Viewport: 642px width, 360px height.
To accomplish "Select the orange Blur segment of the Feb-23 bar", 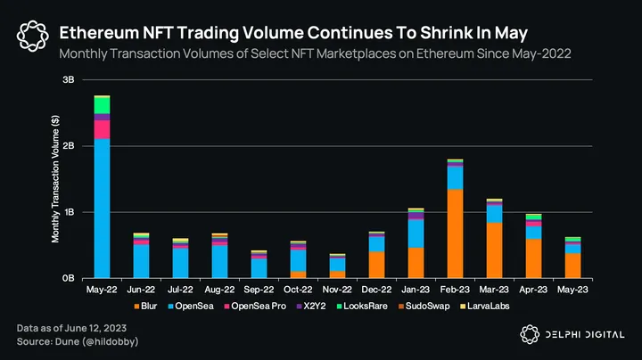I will tap(455, 233).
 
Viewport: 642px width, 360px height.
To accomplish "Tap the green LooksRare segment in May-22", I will tap(102, 105).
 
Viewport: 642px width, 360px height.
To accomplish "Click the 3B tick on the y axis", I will tap(68, 80).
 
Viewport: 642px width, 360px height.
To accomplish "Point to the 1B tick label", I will tap(68, 212).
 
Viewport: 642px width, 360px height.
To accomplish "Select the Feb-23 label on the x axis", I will tap(455, 289).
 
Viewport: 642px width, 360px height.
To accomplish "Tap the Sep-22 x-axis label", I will tap(259, 289).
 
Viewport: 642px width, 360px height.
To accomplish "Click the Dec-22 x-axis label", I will tap(376, 289).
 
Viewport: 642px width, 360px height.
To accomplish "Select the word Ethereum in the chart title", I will tap(99, 33).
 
